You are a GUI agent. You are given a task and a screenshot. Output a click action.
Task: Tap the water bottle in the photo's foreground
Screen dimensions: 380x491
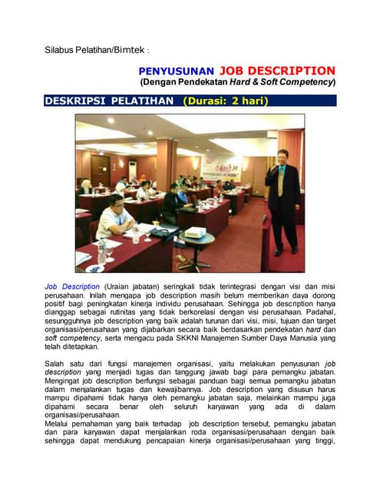(102, 250)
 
